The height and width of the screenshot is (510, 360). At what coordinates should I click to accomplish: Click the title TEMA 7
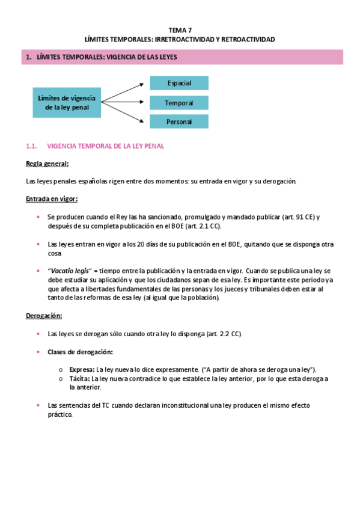pyautogui.click(x=180, y=29)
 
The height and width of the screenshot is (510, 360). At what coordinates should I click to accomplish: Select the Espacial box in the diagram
pyautogui.click(x=179, y=83)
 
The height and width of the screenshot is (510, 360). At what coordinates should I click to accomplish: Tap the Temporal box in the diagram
pyautogui.click(x=179, y=103)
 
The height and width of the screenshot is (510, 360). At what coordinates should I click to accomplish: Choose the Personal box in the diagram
pyautogui.click(x=179, y=121)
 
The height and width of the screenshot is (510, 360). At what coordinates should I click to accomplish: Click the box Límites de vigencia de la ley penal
pyautogui.click(x=67, y=102)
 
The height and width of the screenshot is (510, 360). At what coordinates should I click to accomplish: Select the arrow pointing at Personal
pyautogui.click(x=125, y=113)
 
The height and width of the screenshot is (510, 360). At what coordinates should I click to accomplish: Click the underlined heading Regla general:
pyautogui.click(x=47, y=164)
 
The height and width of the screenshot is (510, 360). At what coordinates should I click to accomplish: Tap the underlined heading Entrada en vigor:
pyautogui.click(x=52, y=198)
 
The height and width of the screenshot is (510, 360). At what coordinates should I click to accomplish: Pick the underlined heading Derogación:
pyautogui.click(x=44, y=315)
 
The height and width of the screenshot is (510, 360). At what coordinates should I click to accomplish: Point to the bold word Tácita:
pyautogui.click(x=79, y=379)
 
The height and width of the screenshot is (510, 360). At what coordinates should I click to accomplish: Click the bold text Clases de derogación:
pyautogui.click(x=80, y=351)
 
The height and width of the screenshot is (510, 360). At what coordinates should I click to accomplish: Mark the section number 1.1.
pyautogui.click(x=32, y=146)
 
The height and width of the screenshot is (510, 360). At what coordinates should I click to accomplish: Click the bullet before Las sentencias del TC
pyautogui.click(x=38, y=405)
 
